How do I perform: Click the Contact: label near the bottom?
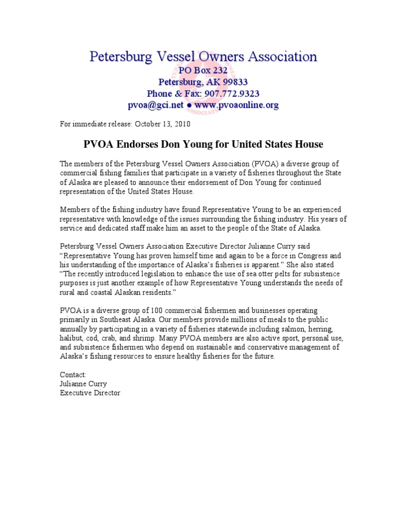coord(73,375)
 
